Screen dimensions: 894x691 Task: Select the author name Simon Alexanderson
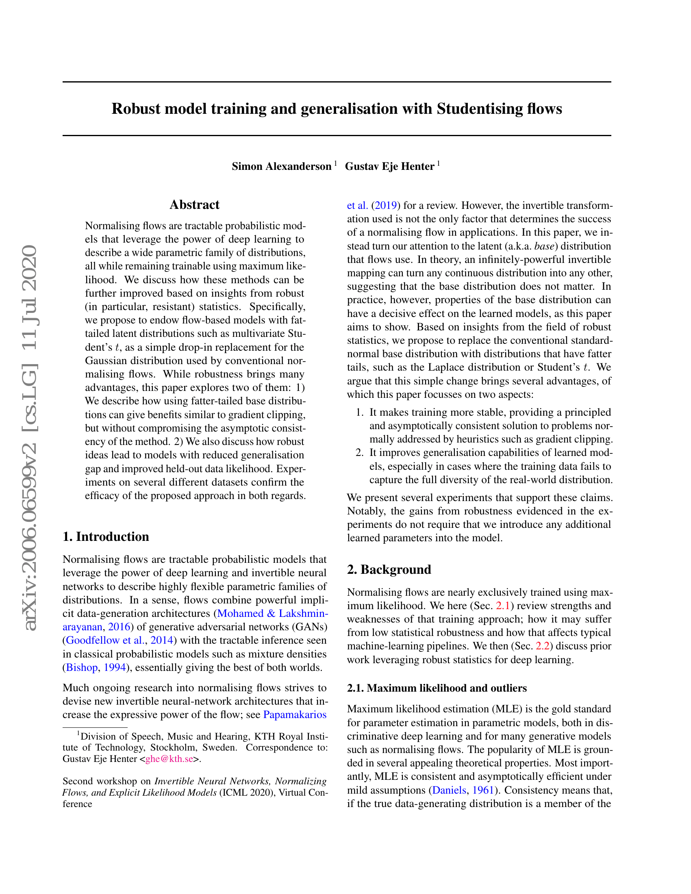(281, 166)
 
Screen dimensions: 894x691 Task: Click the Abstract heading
(194, 205)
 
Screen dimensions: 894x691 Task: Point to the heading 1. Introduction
(106, 537)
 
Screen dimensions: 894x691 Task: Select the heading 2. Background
(389, 569)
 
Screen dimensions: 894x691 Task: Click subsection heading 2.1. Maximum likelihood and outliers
(437, 688)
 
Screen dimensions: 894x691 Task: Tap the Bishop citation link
(82, 667)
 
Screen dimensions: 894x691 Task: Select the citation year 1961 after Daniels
(483, 790)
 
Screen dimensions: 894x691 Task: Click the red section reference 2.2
(542, 646)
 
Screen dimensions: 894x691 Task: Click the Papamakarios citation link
(295, 714)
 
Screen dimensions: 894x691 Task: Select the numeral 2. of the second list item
(359, 452)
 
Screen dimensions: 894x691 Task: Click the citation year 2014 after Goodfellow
(162, 640)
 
